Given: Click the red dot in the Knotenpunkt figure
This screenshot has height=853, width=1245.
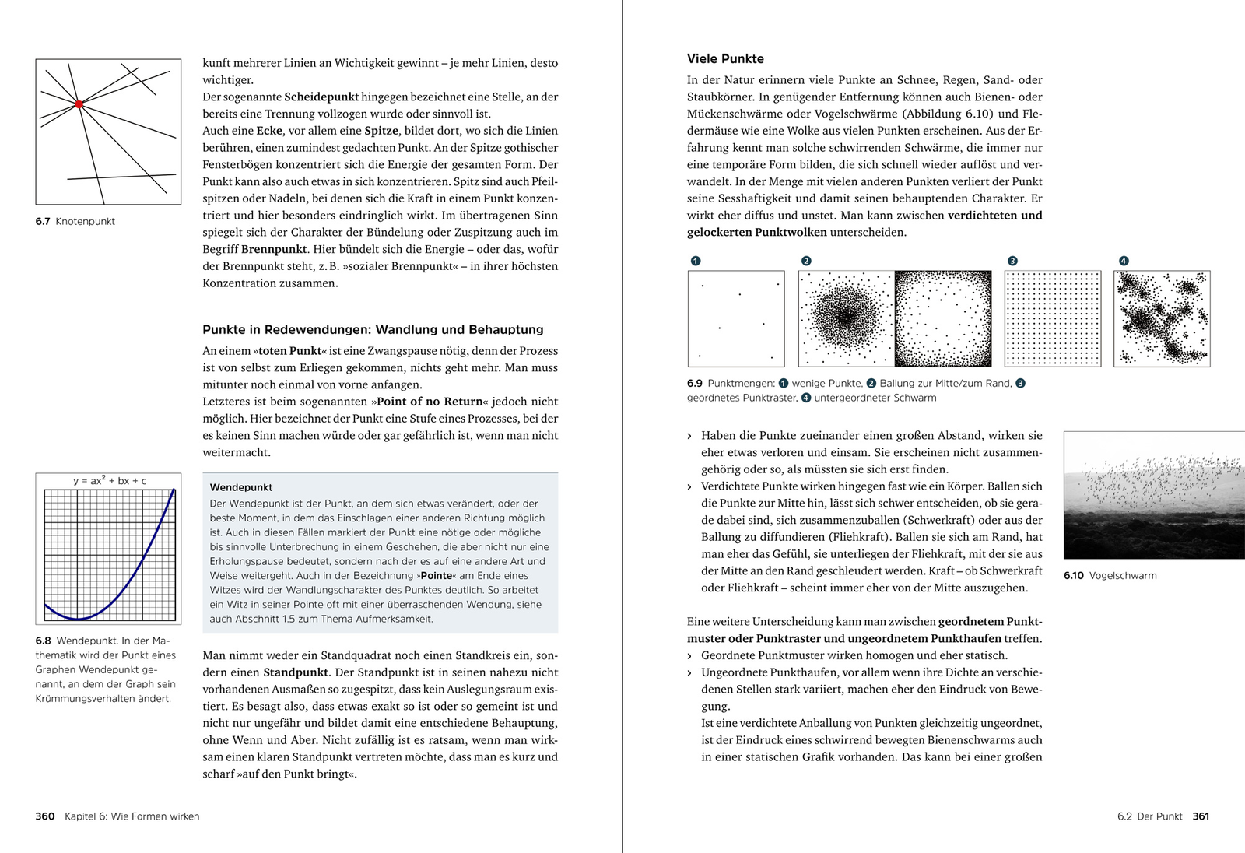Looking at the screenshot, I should coord(79,104).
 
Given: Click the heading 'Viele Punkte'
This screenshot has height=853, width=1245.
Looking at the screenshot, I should coord(725,58).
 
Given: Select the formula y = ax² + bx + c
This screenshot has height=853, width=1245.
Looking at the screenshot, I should coord(110,481).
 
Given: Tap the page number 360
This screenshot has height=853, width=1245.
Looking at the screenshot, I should coord(45,816).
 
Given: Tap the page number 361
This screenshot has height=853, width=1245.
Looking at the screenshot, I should coord(1201,816).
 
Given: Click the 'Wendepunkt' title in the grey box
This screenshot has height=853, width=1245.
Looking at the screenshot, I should coord(241,487).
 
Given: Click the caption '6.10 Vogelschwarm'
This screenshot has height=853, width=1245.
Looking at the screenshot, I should coord(1110,576).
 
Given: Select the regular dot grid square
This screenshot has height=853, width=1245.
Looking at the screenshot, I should coord(1053,318).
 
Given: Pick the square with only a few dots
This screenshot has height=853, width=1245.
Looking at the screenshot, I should coord(736,318).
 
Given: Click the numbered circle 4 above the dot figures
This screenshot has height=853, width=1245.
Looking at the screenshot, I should coord(1124,261).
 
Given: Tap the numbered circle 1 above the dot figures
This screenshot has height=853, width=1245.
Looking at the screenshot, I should coord(696,261).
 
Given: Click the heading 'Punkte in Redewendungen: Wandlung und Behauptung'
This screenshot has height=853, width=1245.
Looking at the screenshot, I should coord(373,329).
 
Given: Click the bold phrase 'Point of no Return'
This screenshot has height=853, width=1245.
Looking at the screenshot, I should coord(430,402).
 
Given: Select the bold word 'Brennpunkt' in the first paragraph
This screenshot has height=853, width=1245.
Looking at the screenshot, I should coord(275,249).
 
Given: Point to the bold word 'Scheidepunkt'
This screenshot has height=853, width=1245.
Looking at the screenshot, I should coord(321,97).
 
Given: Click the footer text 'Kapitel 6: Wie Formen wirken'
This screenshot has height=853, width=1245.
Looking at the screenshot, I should coord(132,816).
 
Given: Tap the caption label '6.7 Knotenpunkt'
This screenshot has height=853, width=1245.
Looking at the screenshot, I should coord(75,222).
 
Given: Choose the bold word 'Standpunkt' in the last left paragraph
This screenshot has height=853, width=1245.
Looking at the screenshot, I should coord(296,672).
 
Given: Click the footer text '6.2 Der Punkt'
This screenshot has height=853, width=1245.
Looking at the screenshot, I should coord(1149,816).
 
